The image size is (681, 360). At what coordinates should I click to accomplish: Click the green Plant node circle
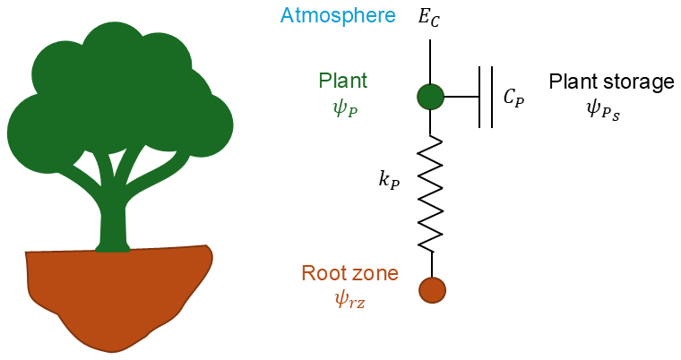(431, 96)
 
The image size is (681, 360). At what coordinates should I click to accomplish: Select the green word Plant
(343, 81)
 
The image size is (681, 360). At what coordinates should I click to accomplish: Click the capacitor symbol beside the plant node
(485, 97)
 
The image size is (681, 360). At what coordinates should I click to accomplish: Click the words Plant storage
(611, 82)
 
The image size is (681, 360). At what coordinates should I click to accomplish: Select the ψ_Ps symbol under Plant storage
(602, 109)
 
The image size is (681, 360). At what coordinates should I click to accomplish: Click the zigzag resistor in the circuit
(431, 193)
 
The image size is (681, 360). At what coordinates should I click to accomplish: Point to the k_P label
(389, 179)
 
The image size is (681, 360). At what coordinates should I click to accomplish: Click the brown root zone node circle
(432, 290)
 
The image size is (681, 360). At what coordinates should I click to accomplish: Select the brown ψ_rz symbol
(348, 300)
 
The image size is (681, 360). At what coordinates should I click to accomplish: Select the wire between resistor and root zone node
(432, 264)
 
